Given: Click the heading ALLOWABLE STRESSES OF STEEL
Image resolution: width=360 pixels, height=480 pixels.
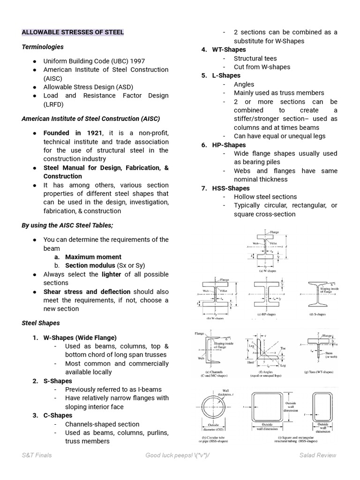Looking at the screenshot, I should [73, 32].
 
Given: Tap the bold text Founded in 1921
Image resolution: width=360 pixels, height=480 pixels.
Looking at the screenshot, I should [73, 133].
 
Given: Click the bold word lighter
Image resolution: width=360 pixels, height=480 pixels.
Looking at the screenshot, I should [111, 274].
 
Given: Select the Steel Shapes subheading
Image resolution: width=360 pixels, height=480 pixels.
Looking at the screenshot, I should [41, 323].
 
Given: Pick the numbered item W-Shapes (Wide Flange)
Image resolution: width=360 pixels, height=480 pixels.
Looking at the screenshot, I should [80, 337].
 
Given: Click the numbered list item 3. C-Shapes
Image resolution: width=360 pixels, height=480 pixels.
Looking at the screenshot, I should [58, 415].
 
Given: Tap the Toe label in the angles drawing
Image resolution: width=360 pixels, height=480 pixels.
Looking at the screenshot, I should [283, 349].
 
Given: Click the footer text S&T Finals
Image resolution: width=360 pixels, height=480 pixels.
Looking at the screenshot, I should [37, 455].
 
